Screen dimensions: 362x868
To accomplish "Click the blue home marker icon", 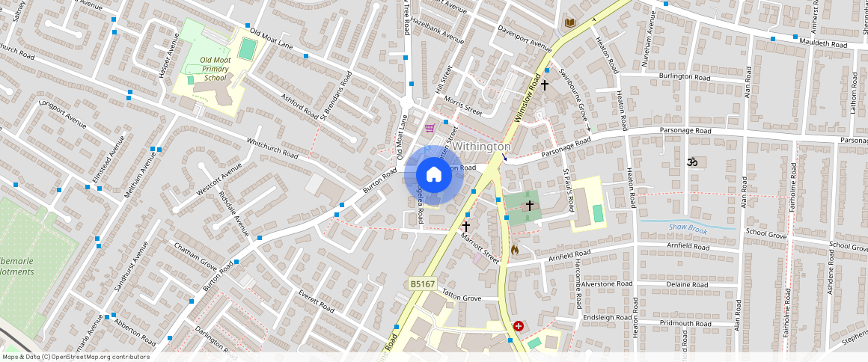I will point(433,175).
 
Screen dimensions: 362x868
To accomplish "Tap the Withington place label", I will point(482,147).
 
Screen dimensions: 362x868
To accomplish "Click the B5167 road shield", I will point(423,284).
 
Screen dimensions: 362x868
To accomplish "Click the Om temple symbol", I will point(691,161).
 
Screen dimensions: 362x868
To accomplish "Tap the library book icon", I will point(570,23).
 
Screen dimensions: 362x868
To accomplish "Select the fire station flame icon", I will point(515,250).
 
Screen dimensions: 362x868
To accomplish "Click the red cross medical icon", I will point(519,326).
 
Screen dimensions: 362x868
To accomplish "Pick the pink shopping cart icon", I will point(430,128).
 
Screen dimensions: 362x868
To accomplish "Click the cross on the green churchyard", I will point(530,205).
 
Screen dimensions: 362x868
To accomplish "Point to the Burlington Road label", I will point(684,77).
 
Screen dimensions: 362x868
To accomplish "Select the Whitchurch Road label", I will point(272,150).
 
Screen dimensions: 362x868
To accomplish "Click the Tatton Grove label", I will point(462,297).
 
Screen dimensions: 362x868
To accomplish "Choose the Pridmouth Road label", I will point(686,323).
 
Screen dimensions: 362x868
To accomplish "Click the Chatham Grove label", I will point(195,256).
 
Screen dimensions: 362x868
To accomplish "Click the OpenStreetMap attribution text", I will point(76,357).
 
